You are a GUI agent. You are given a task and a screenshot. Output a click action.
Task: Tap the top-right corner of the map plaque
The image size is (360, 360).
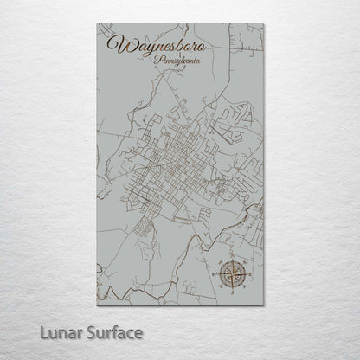pos(265,24)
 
